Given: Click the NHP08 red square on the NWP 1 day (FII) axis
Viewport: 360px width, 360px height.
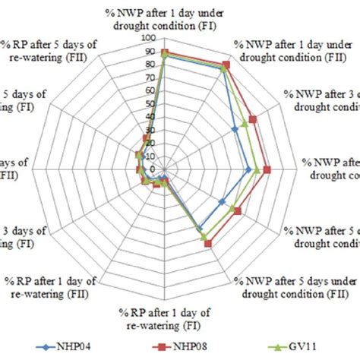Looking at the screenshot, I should point(225,65).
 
